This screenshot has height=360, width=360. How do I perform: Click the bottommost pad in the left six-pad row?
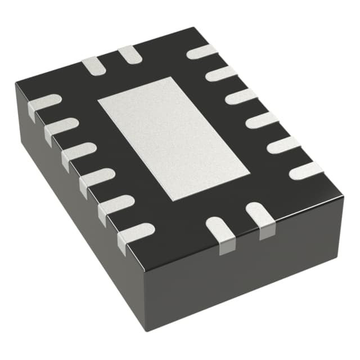[x=136, y=231]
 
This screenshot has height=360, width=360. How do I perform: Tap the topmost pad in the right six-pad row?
[x=202, y=52]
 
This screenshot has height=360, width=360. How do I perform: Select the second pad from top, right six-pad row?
[x=221, y=73]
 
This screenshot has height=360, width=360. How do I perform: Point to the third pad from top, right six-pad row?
[x=241, y=96]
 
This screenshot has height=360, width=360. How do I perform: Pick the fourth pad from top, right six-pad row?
[x=262, y=120]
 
